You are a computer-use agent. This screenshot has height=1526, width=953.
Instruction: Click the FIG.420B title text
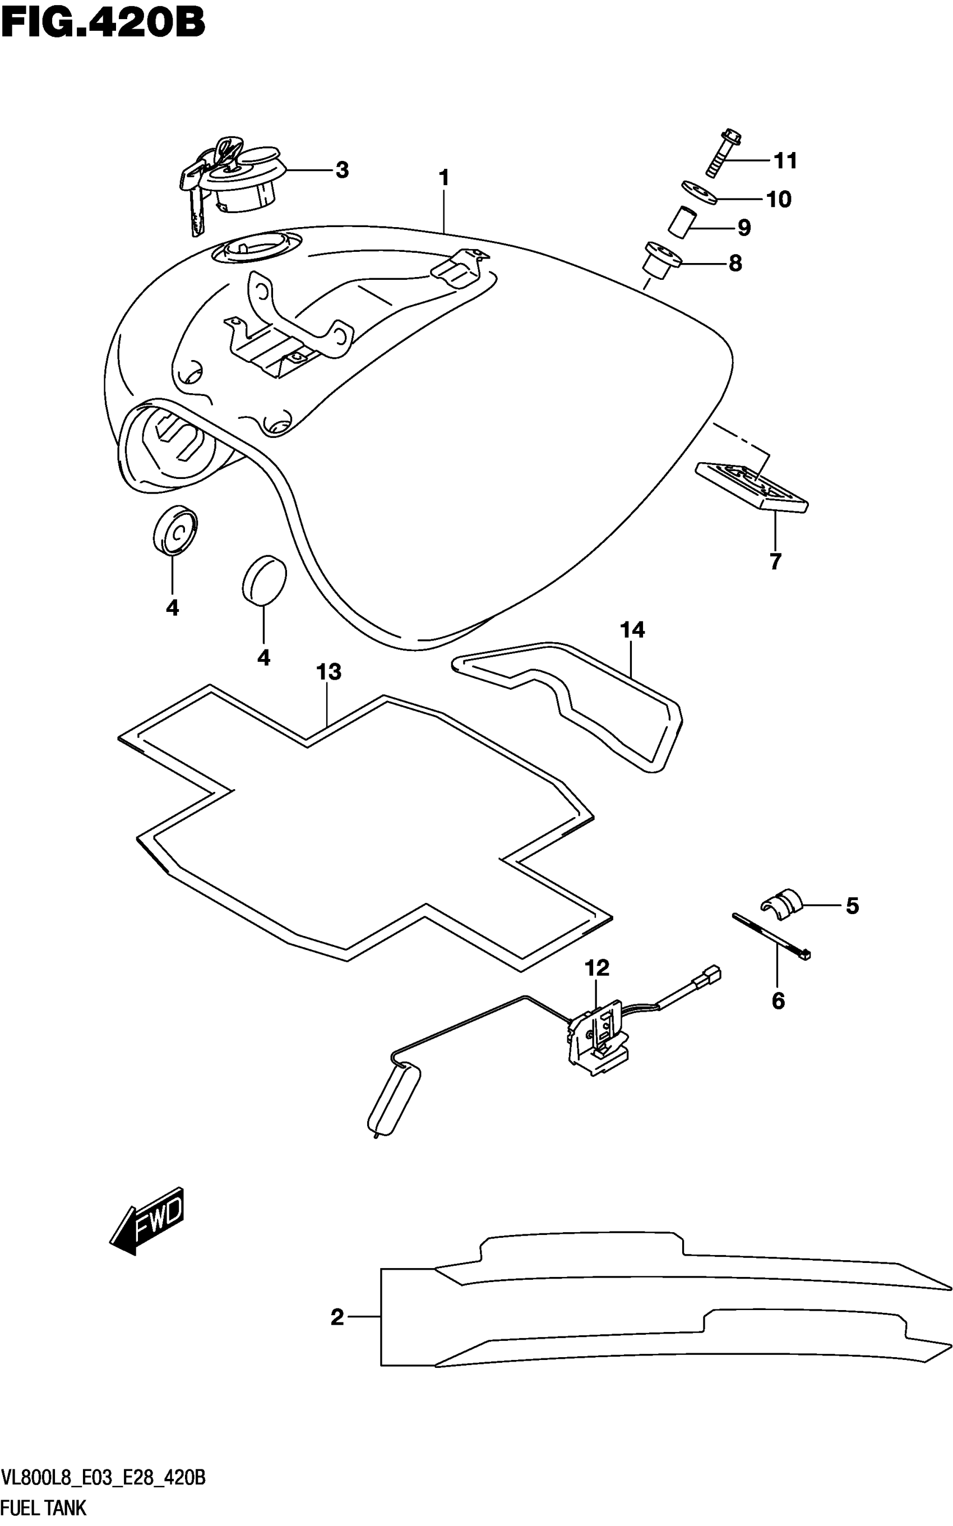103,24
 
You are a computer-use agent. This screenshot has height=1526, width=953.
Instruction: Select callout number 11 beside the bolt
785,161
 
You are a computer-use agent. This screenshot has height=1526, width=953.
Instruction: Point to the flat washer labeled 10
699,192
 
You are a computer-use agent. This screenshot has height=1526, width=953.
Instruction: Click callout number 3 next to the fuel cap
341,169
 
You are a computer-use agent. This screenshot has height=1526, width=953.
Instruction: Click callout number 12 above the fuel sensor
597,967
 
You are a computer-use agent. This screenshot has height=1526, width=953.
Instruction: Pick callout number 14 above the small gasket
632,629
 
